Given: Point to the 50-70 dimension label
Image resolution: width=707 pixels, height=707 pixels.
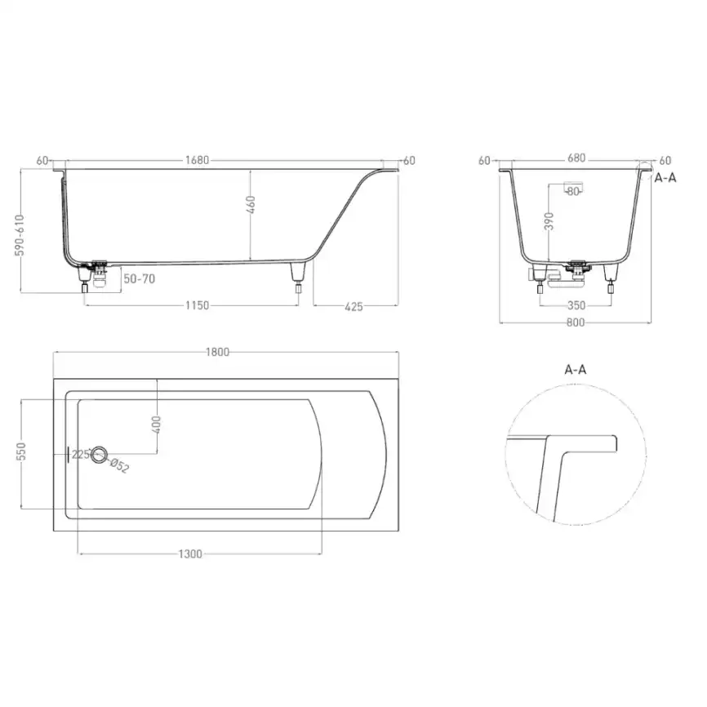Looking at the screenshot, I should click(139, 279).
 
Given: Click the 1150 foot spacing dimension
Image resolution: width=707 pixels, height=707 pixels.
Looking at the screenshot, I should click(198, 305).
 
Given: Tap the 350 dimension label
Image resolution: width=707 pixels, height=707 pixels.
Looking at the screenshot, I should click(577, 305).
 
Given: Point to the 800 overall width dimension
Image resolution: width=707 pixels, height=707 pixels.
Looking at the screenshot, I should click(576, 323).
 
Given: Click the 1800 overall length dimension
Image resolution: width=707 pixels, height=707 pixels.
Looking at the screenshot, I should click(218, 353).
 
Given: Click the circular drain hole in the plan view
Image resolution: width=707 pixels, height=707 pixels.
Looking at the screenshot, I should click(100, 456).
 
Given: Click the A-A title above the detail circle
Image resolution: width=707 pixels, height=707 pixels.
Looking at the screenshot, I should click(576, 370).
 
